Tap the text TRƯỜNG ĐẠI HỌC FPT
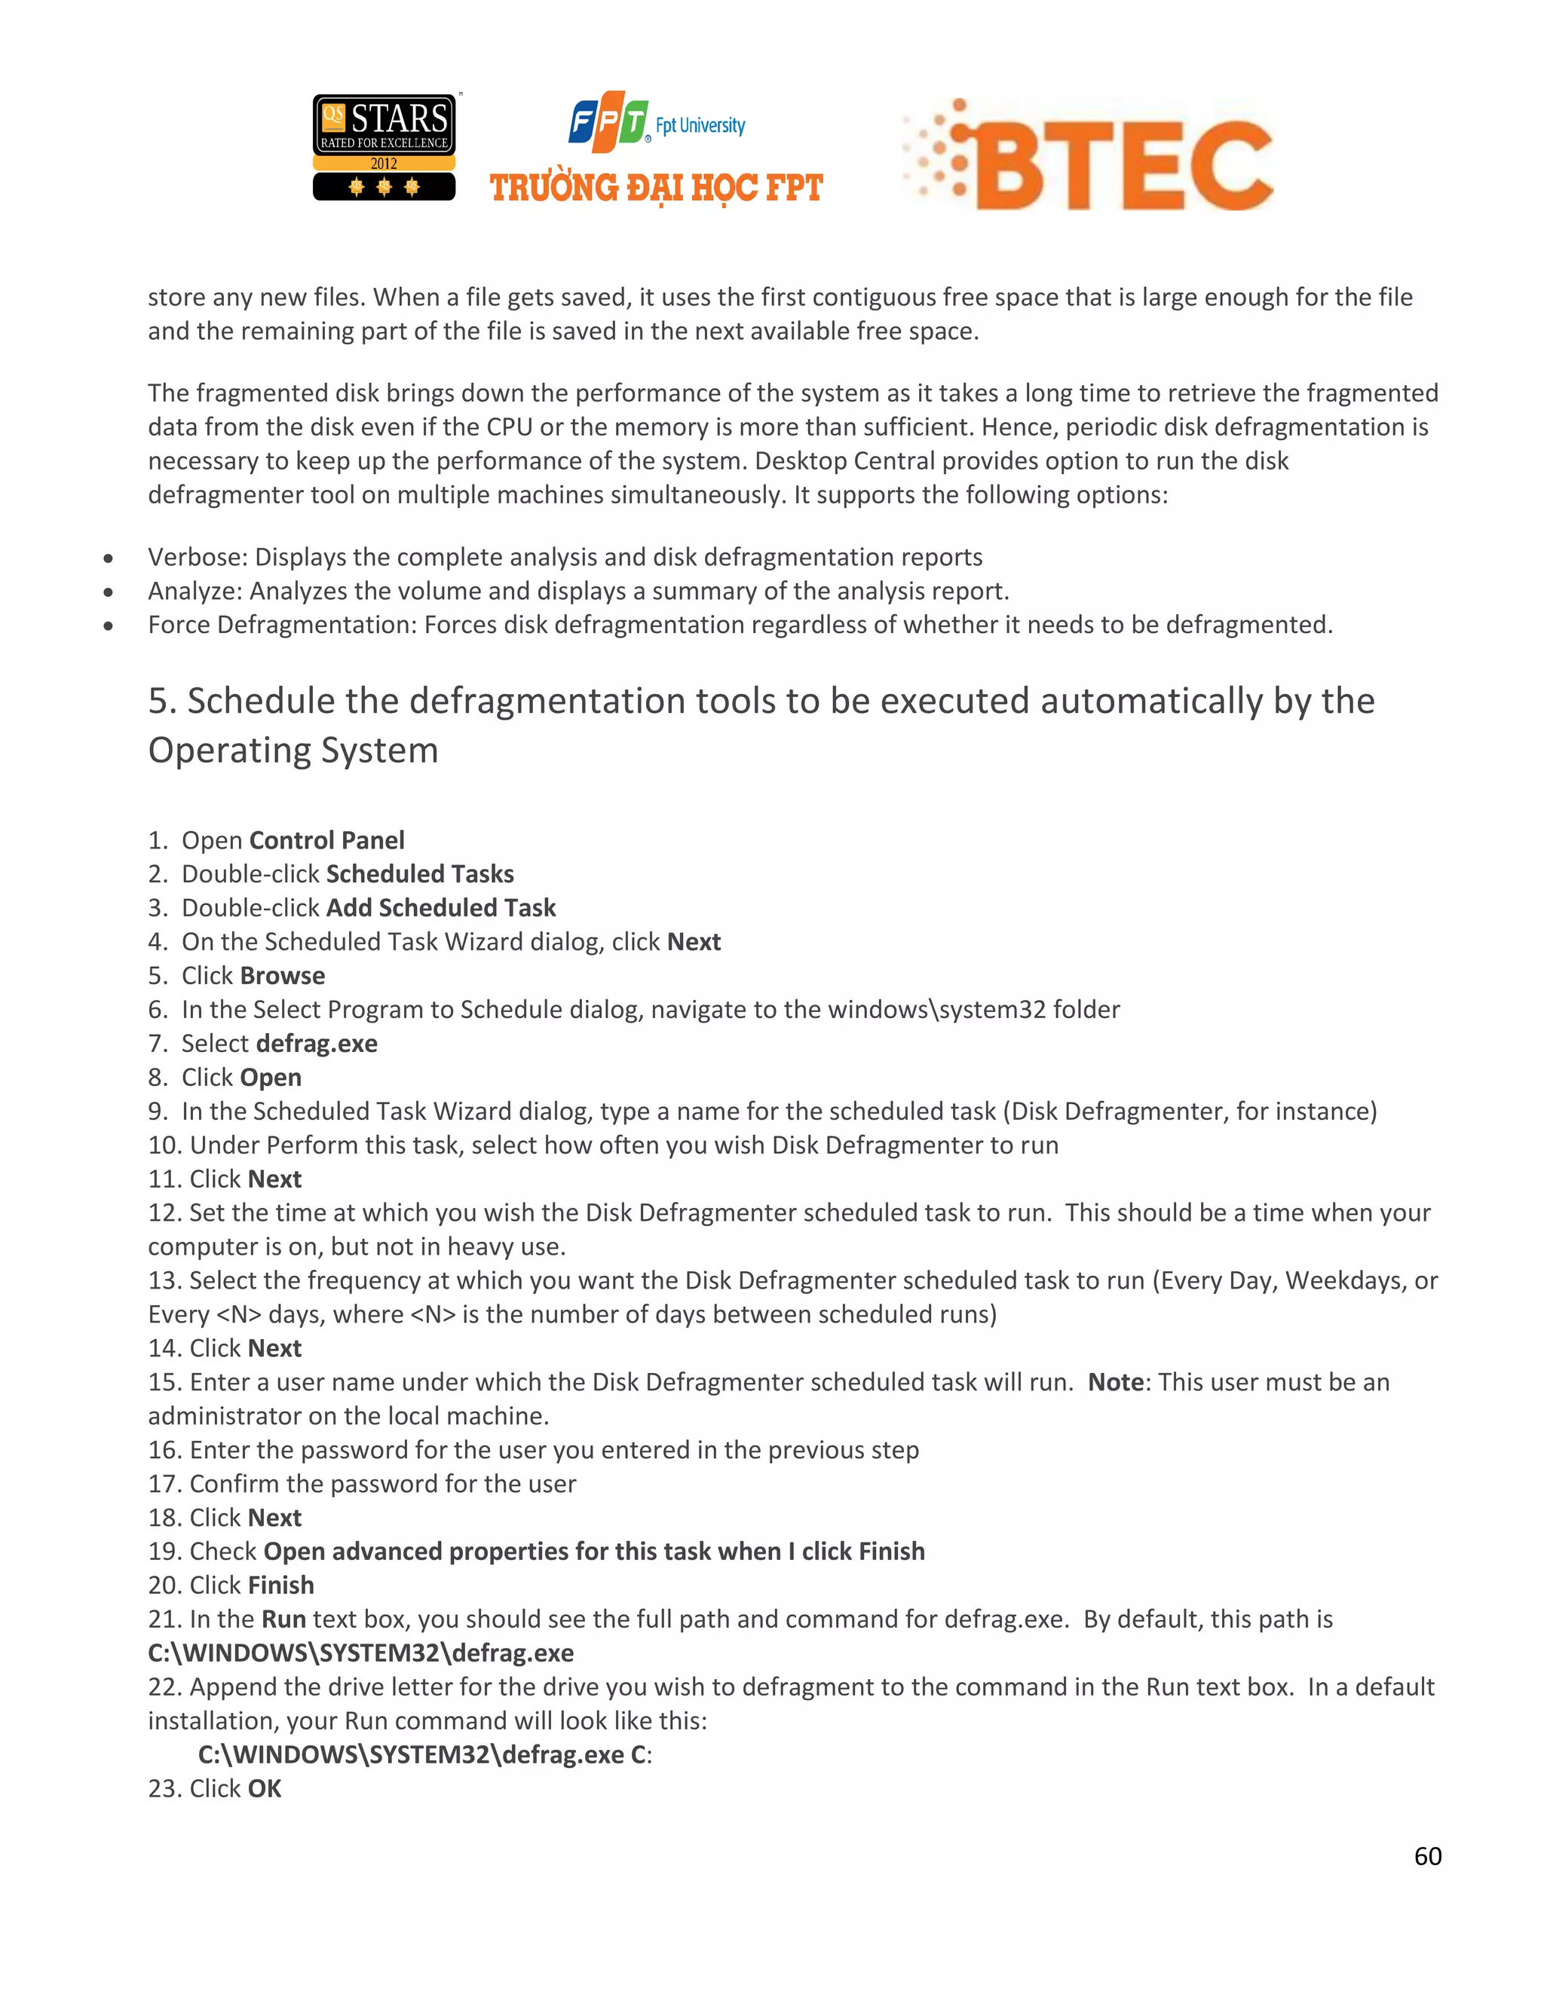click(656, 188)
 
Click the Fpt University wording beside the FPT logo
click(700, 125)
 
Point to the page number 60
click(1427, 1855)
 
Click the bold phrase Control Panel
click(326, 839)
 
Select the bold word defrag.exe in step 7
click(317, 1043)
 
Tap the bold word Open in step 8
click(271, 1077)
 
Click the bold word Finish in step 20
click(280, 1585)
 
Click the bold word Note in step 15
click(1115, 1381)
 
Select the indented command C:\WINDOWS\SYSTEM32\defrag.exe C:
click(424, 1754)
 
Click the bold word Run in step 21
click(283, 1619)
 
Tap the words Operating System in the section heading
click(293, 750)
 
